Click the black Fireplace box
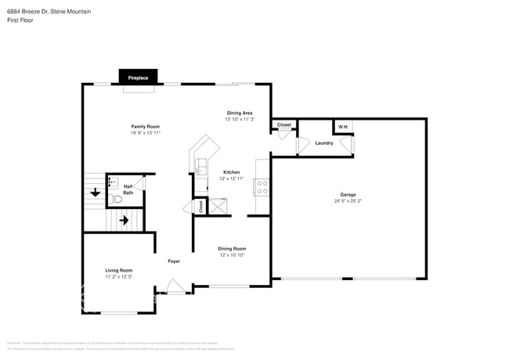138,77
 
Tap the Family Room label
146,126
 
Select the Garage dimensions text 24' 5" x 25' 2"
348,201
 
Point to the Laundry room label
324,143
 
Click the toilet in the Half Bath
117,200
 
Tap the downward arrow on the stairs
96,192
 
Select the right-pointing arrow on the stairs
123,221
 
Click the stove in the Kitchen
261,187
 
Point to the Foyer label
174,261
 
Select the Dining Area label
240,113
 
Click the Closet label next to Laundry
284,124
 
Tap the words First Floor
20,21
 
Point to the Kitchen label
232,172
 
